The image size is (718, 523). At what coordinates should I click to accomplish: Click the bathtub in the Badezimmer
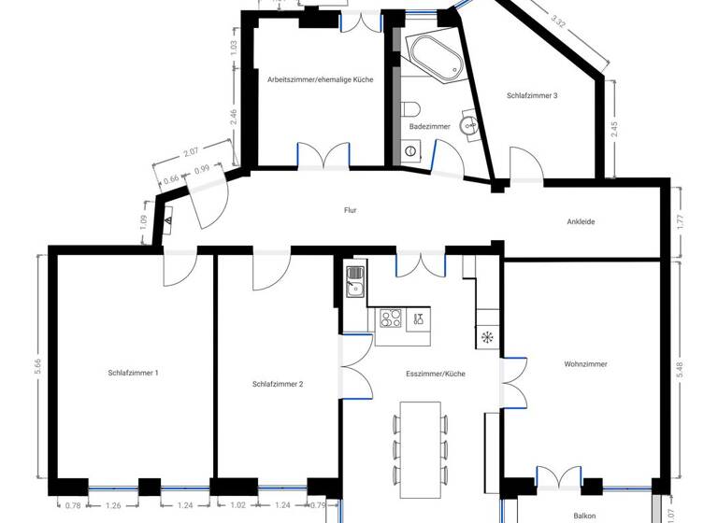[x=433, y=58]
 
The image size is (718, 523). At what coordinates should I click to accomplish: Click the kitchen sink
[x=354, y=281]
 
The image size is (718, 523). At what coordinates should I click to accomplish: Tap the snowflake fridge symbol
[x=486, y=337]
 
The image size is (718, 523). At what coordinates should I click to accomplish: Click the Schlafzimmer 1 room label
[x=133, y=373]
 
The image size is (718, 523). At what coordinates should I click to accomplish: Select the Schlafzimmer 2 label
[x=278, y=384]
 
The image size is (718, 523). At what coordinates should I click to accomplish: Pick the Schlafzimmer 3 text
[x=532, y=95]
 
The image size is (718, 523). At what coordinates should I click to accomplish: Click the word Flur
[x=351, y=211]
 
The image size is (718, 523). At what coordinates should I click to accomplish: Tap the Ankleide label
[x=581, y=222]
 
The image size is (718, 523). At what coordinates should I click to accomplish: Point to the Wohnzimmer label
[x=586, y=364]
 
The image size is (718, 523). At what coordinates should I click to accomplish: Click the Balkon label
[x=585, y=515]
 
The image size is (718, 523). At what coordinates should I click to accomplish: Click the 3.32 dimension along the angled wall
[x=559, y=20]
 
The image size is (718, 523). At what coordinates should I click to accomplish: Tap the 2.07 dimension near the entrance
[x=191, y=151]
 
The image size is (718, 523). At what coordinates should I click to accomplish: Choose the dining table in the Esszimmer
[x=420, y=440]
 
